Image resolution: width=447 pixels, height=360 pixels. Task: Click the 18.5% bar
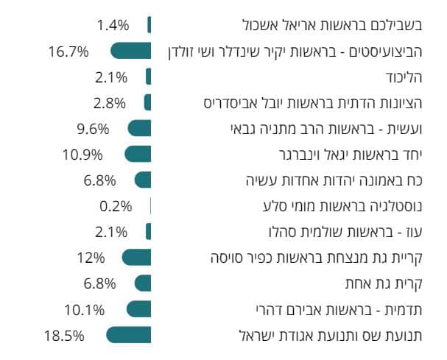tap(129, 335)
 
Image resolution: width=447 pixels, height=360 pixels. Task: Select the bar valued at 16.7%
tap(131, 51)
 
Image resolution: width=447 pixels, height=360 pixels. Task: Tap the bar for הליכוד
tap(149, 77)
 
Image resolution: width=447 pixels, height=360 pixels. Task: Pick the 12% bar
tap(136, 257)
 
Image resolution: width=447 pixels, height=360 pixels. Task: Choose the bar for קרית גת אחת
tap(143, 283)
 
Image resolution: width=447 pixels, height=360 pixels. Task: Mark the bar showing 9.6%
tap(139, 128)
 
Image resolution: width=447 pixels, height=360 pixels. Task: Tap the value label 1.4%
tap(112, 25)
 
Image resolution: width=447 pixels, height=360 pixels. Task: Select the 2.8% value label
tap(110, 102)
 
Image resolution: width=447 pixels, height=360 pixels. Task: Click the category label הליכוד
tap(406, 77)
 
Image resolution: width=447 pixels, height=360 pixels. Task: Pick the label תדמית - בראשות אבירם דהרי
tap(338, 308)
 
